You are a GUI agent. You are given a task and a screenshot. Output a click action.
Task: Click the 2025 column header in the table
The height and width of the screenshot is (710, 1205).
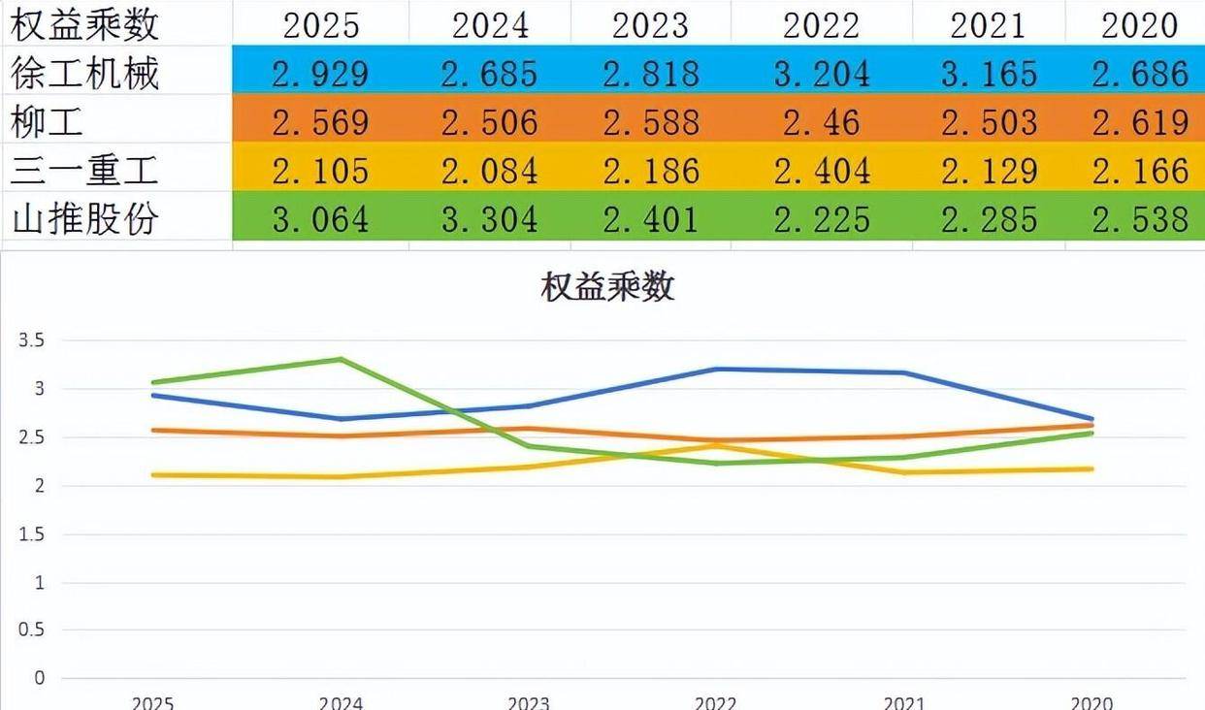(x=321, y=24)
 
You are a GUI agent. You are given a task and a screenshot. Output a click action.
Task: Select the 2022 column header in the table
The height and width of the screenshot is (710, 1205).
(x=821, y=24)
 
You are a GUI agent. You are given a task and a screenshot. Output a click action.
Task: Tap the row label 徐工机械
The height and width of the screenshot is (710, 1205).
(x=84, y=73)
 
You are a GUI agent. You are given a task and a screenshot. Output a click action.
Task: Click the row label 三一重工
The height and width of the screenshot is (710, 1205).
(x=84, y=171)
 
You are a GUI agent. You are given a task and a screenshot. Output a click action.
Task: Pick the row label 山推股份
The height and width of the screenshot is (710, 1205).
(x=84, y=219)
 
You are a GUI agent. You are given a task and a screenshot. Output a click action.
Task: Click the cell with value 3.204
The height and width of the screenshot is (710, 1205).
(x=821, y=73)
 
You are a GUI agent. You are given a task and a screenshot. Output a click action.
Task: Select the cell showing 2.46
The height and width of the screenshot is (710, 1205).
(x=821, y=122)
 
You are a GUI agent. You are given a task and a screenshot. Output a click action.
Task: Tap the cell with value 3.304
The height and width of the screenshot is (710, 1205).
(x=489, y=219)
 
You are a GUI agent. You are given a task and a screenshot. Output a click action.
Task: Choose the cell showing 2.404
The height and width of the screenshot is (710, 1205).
(x=821, y=171)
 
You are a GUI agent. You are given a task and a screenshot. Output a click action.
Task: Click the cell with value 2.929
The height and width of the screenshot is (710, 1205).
(x=321, y=73)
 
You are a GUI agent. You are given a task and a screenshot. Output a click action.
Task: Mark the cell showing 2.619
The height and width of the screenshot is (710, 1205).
(x=1139, y=122)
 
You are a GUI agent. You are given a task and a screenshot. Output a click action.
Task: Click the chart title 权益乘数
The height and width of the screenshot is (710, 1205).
(x=607, y=288)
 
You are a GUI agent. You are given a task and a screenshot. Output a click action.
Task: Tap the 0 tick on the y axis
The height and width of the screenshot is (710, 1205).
(x=39, y=678)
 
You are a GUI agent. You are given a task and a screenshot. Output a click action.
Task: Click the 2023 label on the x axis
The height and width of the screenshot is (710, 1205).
(x=529, y=702)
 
